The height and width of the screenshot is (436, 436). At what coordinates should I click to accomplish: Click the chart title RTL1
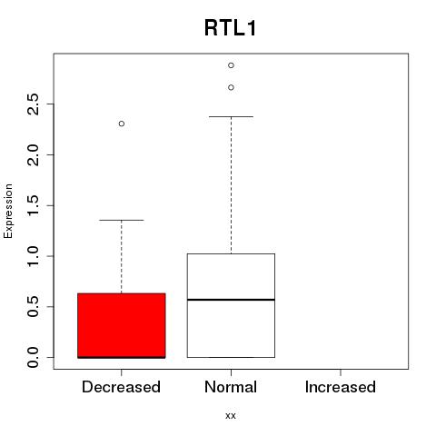pyautogui.click(x=231, y=28)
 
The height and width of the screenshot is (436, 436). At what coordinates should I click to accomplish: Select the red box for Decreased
pyautogui.click(x=122, y=325)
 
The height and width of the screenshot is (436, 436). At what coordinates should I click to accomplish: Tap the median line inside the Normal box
pyautogui.click(x=231, y=300)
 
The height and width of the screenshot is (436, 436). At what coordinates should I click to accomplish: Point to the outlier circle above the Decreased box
pyautogui.click(x=122, y=124)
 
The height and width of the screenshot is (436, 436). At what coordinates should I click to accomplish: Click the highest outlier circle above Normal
pyautogui.click(x=231, y=65)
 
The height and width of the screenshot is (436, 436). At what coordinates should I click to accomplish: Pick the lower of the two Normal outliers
pyautogui.click(x=231, y=87)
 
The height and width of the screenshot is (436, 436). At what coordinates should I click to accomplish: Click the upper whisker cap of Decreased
pyautogui.click(x=122, y=220)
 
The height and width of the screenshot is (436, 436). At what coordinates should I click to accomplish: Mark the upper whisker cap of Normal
pyautogui.click(x=231, y=116)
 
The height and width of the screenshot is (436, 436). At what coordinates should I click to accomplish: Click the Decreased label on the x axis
pyautogui.click(x=121, y=387)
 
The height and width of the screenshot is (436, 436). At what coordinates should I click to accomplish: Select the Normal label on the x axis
pyautogui.click(x=231, y=387)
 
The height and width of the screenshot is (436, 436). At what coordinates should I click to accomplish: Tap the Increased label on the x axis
pyautogui.click(x=341, y=387)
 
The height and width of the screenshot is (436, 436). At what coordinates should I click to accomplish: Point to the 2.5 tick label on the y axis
pyautogui.click(x=33, y=104)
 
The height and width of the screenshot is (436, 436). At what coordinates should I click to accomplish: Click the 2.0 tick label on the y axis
pyautogui.click(x=33, y=154)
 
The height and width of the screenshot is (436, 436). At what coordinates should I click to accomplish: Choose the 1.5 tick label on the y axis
pyautogui.click(x=33, y=205)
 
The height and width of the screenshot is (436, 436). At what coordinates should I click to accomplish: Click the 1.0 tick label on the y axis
pyautogui.click(x=33, y=256)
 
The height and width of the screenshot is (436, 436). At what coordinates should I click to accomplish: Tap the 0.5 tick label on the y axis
pyautogui.click(x=33, y=307)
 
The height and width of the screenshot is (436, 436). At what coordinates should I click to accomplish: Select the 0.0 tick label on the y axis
pyautogui.click(x=33, y=357)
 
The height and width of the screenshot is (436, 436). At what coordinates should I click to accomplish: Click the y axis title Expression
pyautogui.click(x=8, y=211)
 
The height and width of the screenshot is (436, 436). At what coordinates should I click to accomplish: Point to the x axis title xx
pyautogui.click(x=231, y=416)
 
